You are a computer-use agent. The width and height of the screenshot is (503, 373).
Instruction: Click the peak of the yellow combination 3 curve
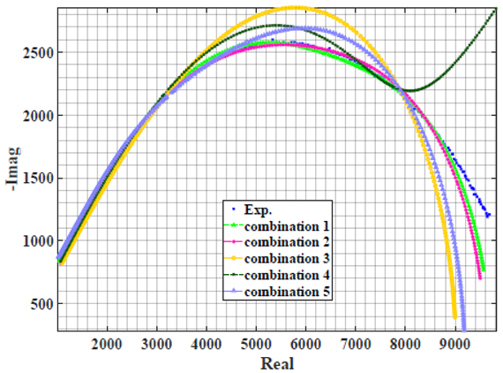point(297,8)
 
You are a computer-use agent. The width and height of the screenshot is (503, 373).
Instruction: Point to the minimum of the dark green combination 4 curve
point(410,90)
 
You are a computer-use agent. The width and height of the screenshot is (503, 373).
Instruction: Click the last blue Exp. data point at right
point(488,215)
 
